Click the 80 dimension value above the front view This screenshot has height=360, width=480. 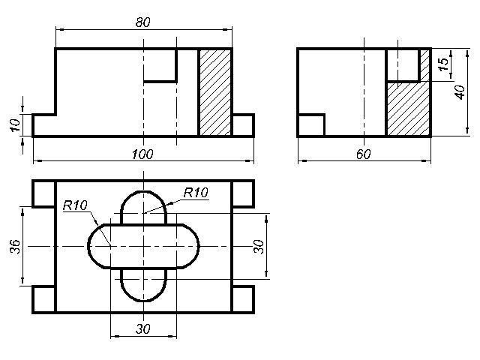143,22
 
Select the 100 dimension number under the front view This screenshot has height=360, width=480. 142,154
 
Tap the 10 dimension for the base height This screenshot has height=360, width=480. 15,125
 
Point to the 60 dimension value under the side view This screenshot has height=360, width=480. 364,154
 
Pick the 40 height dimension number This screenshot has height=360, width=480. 460,92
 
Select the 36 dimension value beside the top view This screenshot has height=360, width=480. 15,247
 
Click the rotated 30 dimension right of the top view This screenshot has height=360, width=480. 259,247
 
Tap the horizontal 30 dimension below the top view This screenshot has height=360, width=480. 143,329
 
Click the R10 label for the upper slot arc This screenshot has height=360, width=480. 196,193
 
